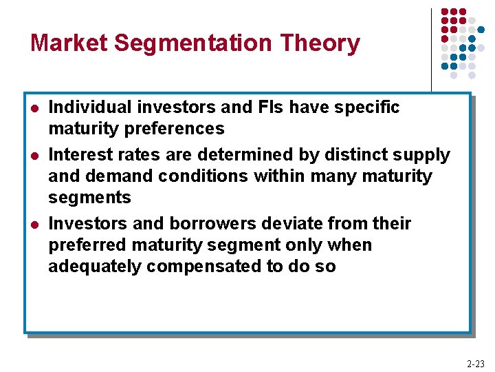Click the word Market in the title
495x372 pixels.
[x=69, y=43]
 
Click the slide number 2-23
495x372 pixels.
[x=474, y=363]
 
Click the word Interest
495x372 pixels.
[x=81, y=155]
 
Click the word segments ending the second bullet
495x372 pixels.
[x=89, y=198]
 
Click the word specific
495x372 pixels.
[x=366, y=107]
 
